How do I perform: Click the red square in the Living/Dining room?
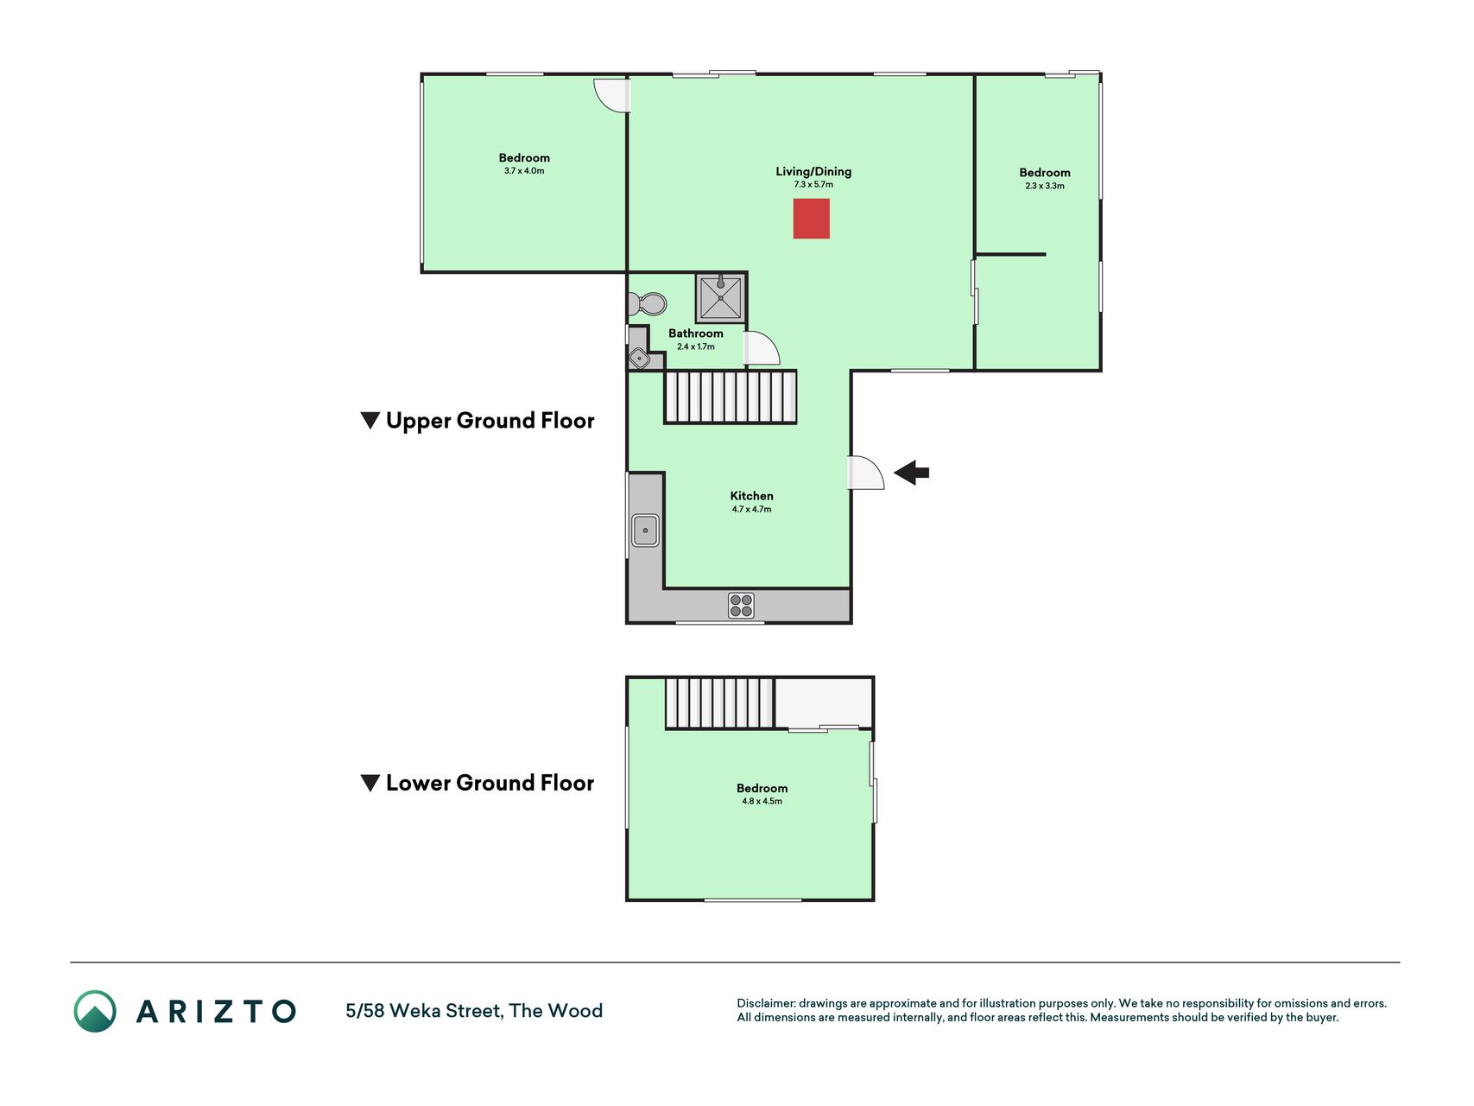click(x=812, y=219)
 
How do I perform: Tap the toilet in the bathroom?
click(x=648, y=304)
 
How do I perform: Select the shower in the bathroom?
click(x=720, y=297)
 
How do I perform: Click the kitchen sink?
click(x=645, y=531)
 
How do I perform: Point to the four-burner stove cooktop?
click(x=741, y=605)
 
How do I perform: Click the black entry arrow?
click(x=911, y=473)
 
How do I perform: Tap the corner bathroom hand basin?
click(x=639, y=358)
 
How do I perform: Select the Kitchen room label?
click(x=751, y=496)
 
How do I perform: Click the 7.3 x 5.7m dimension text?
click(x=813, y=184)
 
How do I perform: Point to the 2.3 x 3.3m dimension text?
click(x=1045, y=186)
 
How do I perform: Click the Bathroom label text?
click(x=696, y=334)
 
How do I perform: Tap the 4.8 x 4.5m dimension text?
click(x=762, y=801)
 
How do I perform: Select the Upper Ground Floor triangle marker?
click(x=370, y=421)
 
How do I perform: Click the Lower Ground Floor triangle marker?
click(x=370, y=783)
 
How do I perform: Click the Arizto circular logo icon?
click(x=95, y=1011)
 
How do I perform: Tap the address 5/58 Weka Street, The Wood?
click(x=474, y=1011)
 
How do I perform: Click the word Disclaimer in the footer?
click(x=766, y=1003)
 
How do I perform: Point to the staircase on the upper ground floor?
click(x=730, y=397)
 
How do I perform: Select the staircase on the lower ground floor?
click(x=719, y=703)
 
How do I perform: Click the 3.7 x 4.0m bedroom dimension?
click(x=524, y=171)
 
